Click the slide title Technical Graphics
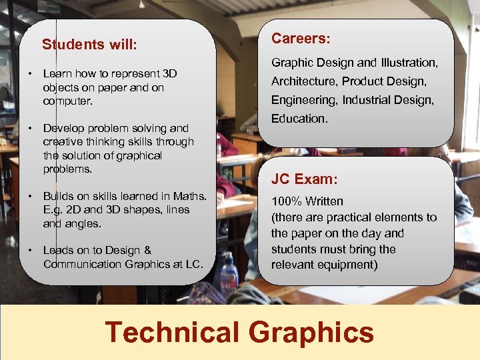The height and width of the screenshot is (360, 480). click(239, 332)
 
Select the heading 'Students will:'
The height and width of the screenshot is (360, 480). click(89, 45)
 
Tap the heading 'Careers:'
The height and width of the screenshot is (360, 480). click(301, 39)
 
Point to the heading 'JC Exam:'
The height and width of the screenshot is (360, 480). click(304, 179)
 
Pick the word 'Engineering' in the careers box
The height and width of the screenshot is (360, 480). click(304, 100)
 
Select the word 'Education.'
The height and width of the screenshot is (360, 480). click(299, 118)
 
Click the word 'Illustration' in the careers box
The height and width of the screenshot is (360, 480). click(408, 63)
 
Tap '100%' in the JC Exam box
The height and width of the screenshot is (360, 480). click(285, 201)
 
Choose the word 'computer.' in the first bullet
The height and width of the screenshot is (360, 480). click(67, 101)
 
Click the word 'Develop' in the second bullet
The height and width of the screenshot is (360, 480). click(62, 128)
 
